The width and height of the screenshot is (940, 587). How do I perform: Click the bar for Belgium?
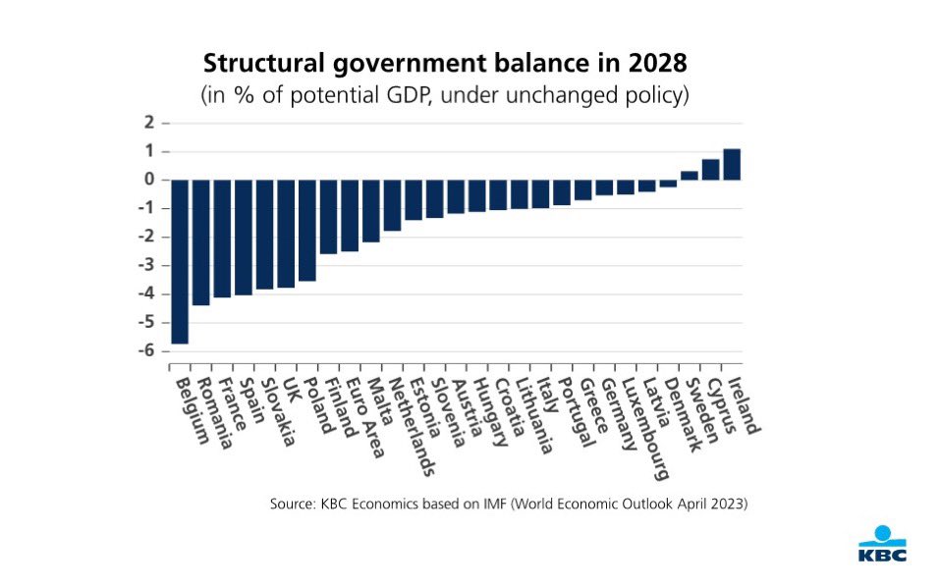point(180,261)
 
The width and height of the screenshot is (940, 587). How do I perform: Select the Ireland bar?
point(732,164)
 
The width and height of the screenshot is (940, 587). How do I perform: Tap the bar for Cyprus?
point(710,169)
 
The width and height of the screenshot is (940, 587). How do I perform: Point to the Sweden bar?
point(690,176)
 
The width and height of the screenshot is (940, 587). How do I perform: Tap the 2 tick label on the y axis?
point(149,123)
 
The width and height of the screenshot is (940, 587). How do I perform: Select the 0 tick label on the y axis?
point(149,180)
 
